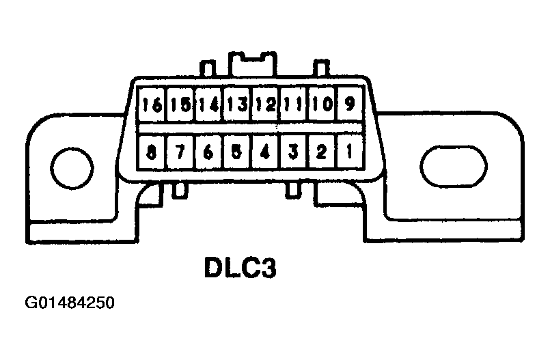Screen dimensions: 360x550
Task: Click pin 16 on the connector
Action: click(152, 105)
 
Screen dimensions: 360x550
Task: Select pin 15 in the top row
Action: click(180, 105)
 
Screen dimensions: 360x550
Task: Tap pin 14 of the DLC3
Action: click(208, 105)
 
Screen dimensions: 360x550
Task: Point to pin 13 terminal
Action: click(236, 105)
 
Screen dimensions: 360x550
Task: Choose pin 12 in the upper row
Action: click(265, 105)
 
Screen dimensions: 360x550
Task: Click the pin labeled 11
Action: click(293, 105)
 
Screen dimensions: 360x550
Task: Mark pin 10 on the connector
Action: click(320, 105)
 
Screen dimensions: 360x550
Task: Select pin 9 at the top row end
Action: click(348, 105)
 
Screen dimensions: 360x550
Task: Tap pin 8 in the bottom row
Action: click(152, 152)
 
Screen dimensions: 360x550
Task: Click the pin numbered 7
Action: click(180, 152)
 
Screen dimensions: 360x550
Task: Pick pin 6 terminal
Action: click(208, 152)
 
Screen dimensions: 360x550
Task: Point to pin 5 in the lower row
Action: click(236, 152)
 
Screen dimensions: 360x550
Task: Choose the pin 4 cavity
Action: click(265, 152)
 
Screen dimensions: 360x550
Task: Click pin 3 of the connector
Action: click(293, 152)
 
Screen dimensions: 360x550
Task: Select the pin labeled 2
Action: click(320, 152)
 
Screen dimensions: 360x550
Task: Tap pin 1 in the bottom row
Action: click(348, 152)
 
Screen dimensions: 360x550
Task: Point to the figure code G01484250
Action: click(70, 302)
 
